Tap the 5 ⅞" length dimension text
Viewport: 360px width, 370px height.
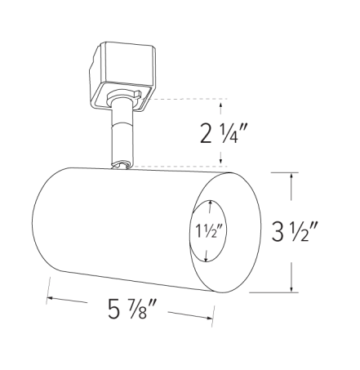click(131, 312)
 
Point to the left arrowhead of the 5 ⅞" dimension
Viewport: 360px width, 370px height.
click(51, 298)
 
